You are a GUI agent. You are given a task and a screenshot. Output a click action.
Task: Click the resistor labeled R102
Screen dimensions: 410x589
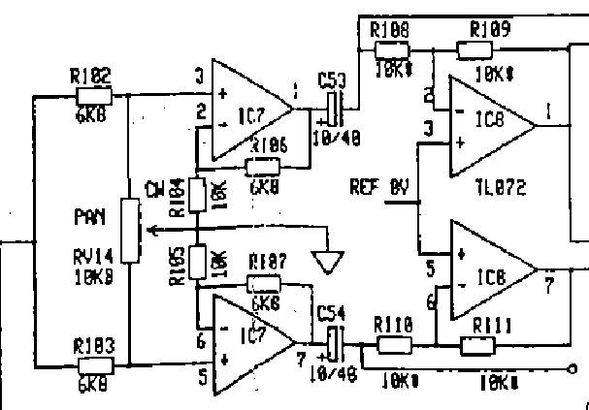coord(94,94)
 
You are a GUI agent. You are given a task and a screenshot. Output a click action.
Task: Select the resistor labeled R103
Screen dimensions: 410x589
coord(94,365)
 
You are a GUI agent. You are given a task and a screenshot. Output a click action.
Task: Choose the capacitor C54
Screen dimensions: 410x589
coord(333,344)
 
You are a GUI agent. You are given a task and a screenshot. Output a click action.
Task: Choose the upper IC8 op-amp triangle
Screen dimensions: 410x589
coord(491,123)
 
